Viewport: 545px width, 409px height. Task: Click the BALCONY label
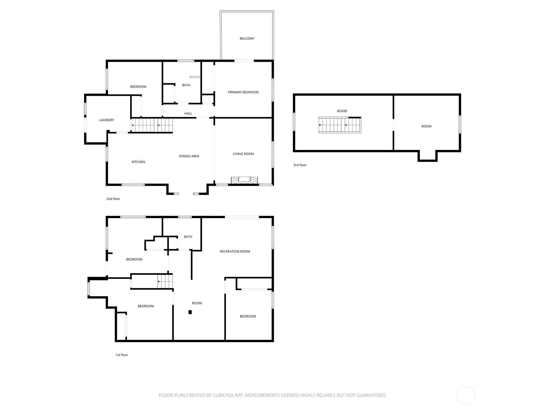click(247, 39)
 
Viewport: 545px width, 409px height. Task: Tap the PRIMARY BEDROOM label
click(243, 92)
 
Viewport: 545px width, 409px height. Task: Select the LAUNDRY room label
click(107, 120)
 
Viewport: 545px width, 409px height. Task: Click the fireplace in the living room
click(244, 180)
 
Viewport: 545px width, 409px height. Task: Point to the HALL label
click(188, 113)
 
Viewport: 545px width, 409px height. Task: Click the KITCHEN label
click(138, 162)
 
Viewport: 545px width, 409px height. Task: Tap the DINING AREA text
click(189, 156)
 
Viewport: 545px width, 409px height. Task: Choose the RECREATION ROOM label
click(235, 252)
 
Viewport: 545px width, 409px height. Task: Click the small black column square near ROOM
click(190, 312)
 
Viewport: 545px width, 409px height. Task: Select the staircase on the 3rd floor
click(340, 125)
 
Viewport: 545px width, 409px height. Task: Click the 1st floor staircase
click(165, 282)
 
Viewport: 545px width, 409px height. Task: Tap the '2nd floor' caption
click(113, 199)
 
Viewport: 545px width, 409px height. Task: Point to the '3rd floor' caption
click(300, 165)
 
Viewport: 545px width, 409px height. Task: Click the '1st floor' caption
click(122, 355)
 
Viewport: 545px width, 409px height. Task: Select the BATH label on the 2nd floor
click(186, 85)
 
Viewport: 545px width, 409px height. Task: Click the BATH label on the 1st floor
click(188, 237)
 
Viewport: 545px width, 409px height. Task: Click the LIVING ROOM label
click(243, 154)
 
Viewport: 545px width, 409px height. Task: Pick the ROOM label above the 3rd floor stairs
click(342, 111)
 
